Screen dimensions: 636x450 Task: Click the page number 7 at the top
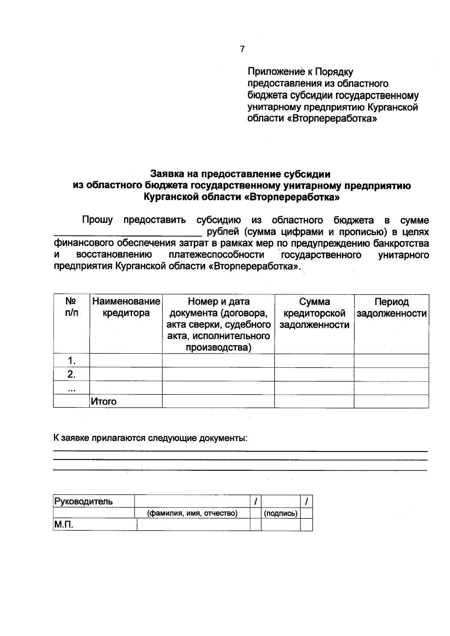242,49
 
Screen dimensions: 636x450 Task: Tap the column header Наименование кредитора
126,307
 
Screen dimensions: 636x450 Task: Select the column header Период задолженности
391,308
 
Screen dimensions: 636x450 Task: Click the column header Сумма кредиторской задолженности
314,313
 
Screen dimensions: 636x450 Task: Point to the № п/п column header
71,307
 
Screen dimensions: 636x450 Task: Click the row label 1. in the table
71,361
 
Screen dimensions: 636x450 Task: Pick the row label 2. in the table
71,374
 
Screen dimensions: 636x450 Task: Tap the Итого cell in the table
104,401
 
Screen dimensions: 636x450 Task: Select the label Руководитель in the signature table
84,501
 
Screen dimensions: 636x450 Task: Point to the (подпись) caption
281,513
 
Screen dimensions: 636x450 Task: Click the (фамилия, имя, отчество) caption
192,513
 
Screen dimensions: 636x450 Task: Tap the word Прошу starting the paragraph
97,220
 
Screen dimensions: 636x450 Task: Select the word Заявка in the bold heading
167,174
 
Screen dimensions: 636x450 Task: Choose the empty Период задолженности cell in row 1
391,361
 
